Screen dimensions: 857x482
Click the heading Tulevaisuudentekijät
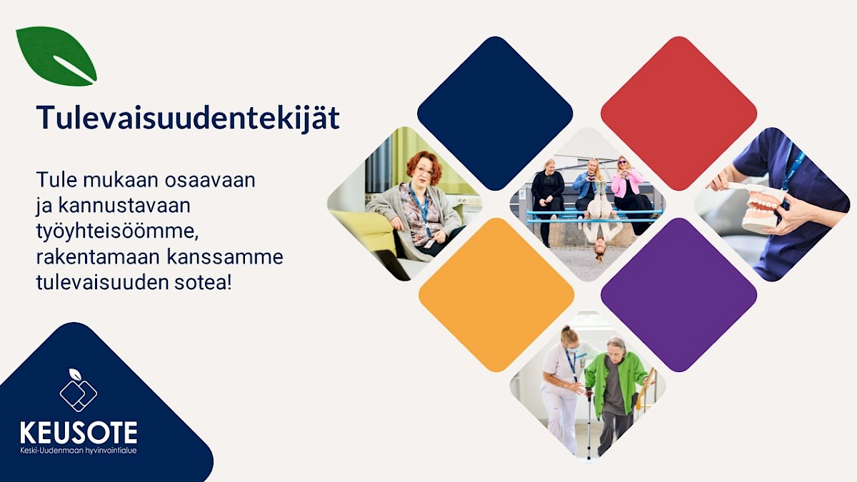pyautogui.click(x=188, y=119)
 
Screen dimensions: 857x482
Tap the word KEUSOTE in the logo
pyautogui.click(x=79, y=432)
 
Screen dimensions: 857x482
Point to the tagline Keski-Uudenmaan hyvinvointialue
pyautogui.click(x=79, y=451)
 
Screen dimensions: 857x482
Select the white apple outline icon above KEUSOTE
pyautogui.click(x=79, y=390)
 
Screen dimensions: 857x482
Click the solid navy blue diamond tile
pyautogui.click(x=495, y=114)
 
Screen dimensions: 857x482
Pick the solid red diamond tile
pyautogui.click(x=678, y=114)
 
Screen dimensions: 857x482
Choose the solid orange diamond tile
pyautogui.click(x=496, y=294)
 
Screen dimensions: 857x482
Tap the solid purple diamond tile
pyautogui.click(x=678, y=294)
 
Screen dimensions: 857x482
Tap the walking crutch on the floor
pyautogui.click(x=589, y=425)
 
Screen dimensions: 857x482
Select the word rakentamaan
pyautogui.click(x=99, y=257)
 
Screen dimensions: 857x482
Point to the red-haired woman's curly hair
pyautogui.click(x=424, y=165)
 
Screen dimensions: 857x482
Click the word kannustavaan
pyautogui.click(x=124, y=206)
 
